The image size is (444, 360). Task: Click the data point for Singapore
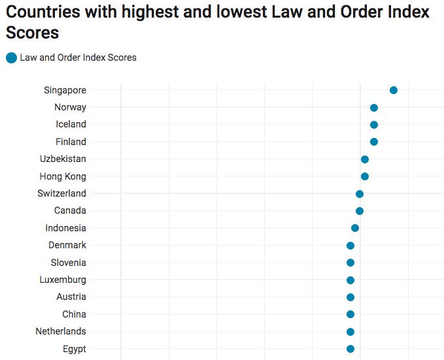394,90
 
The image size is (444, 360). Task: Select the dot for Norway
374,107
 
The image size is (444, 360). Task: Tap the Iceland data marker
374,125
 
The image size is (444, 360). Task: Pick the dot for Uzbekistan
365,159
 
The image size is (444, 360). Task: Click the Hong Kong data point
365,176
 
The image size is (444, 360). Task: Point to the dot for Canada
360,211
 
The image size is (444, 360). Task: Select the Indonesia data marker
355,228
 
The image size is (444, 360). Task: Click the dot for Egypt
350,349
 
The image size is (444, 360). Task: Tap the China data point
350,314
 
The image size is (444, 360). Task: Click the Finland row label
71,142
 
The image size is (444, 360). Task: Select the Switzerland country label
62,193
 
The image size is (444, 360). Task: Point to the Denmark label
67,245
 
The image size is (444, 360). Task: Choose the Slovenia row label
69,263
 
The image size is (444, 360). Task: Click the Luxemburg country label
62,280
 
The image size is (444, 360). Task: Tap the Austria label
71,297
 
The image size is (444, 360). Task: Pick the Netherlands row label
61,331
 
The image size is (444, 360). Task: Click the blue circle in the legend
11,57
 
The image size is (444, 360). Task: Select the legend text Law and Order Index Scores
78,57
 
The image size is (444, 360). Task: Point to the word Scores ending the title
32,33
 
